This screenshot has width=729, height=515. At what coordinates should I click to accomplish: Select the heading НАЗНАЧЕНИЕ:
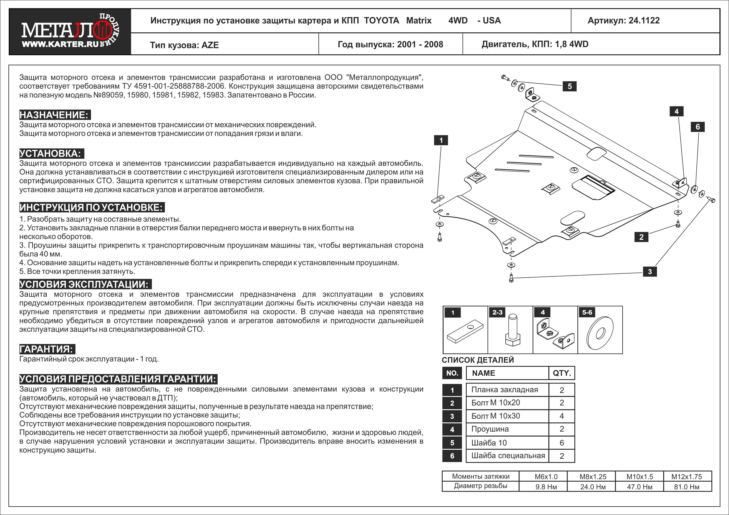click(x=54, y=115)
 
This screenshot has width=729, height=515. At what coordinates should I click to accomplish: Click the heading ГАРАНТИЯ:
click(x=47, y=349)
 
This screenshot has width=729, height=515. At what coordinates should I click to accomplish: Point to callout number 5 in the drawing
click(x=570, y=86)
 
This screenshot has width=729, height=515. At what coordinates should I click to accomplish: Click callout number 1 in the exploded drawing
click(x=441, y=140)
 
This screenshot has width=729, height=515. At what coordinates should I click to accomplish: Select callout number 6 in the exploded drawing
click(x=698, y=127)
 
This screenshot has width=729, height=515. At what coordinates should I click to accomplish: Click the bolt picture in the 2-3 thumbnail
click(x=512, y=331)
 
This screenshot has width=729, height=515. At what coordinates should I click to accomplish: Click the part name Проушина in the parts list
click(x=490, y=429)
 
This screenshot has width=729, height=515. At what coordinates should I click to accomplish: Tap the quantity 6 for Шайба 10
click(x=562, y=443)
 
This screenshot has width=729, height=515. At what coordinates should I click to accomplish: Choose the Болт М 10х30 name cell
click(x=496, y=416)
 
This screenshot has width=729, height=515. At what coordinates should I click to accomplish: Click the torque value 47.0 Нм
click(x=639, y=487)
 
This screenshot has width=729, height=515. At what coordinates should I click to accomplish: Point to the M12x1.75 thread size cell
click(x=686, y=477)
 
